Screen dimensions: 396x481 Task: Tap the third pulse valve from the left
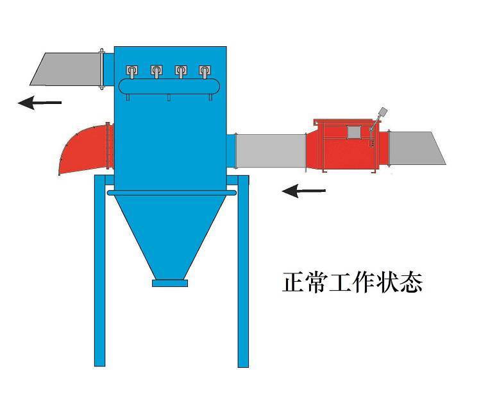pyautogui.click(x=181, y=71)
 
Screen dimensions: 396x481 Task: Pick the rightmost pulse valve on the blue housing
pyautogui.click(x=205, y=71)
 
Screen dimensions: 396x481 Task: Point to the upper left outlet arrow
pyautogui.click(x=40, y=102)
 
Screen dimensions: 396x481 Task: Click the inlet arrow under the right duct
pyautogui.click(x=304, y=191)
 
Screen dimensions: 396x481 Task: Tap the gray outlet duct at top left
pyautogui.click(x=68, y=68)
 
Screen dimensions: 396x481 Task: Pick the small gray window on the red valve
pyautogui.click(x=353, y=132)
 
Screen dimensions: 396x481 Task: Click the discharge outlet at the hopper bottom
pyautogui.click(x=170, y=282)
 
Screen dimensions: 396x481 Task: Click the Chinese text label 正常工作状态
pyautogui.click(x=352, y=282)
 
